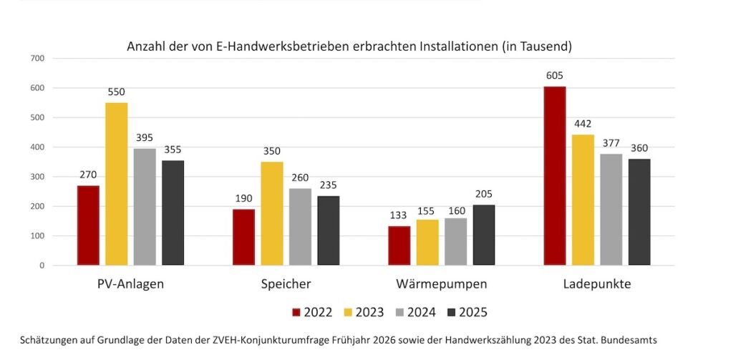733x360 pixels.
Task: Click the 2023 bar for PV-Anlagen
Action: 117,184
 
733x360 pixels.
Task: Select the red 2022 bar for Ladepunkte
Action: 555,176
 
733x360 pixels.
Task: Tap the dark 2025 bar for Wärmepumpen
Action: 483,235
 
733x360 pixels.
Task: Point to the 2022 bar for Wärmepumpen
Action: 399,245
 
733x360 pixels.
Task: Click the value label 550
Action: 117,93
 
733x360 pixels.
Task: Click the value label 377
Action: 611,145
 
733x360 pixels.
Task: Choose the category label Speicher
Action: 286,284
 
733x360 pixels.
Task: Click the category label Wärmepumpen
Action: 442,284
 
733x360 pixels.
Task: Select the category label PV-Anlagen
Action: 130,284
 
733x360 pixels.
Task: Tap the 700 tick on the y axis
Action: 37,58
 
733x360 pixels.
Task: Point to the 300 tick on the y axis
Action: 37,177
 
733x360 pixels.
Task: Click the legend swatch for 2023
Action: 349,312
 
